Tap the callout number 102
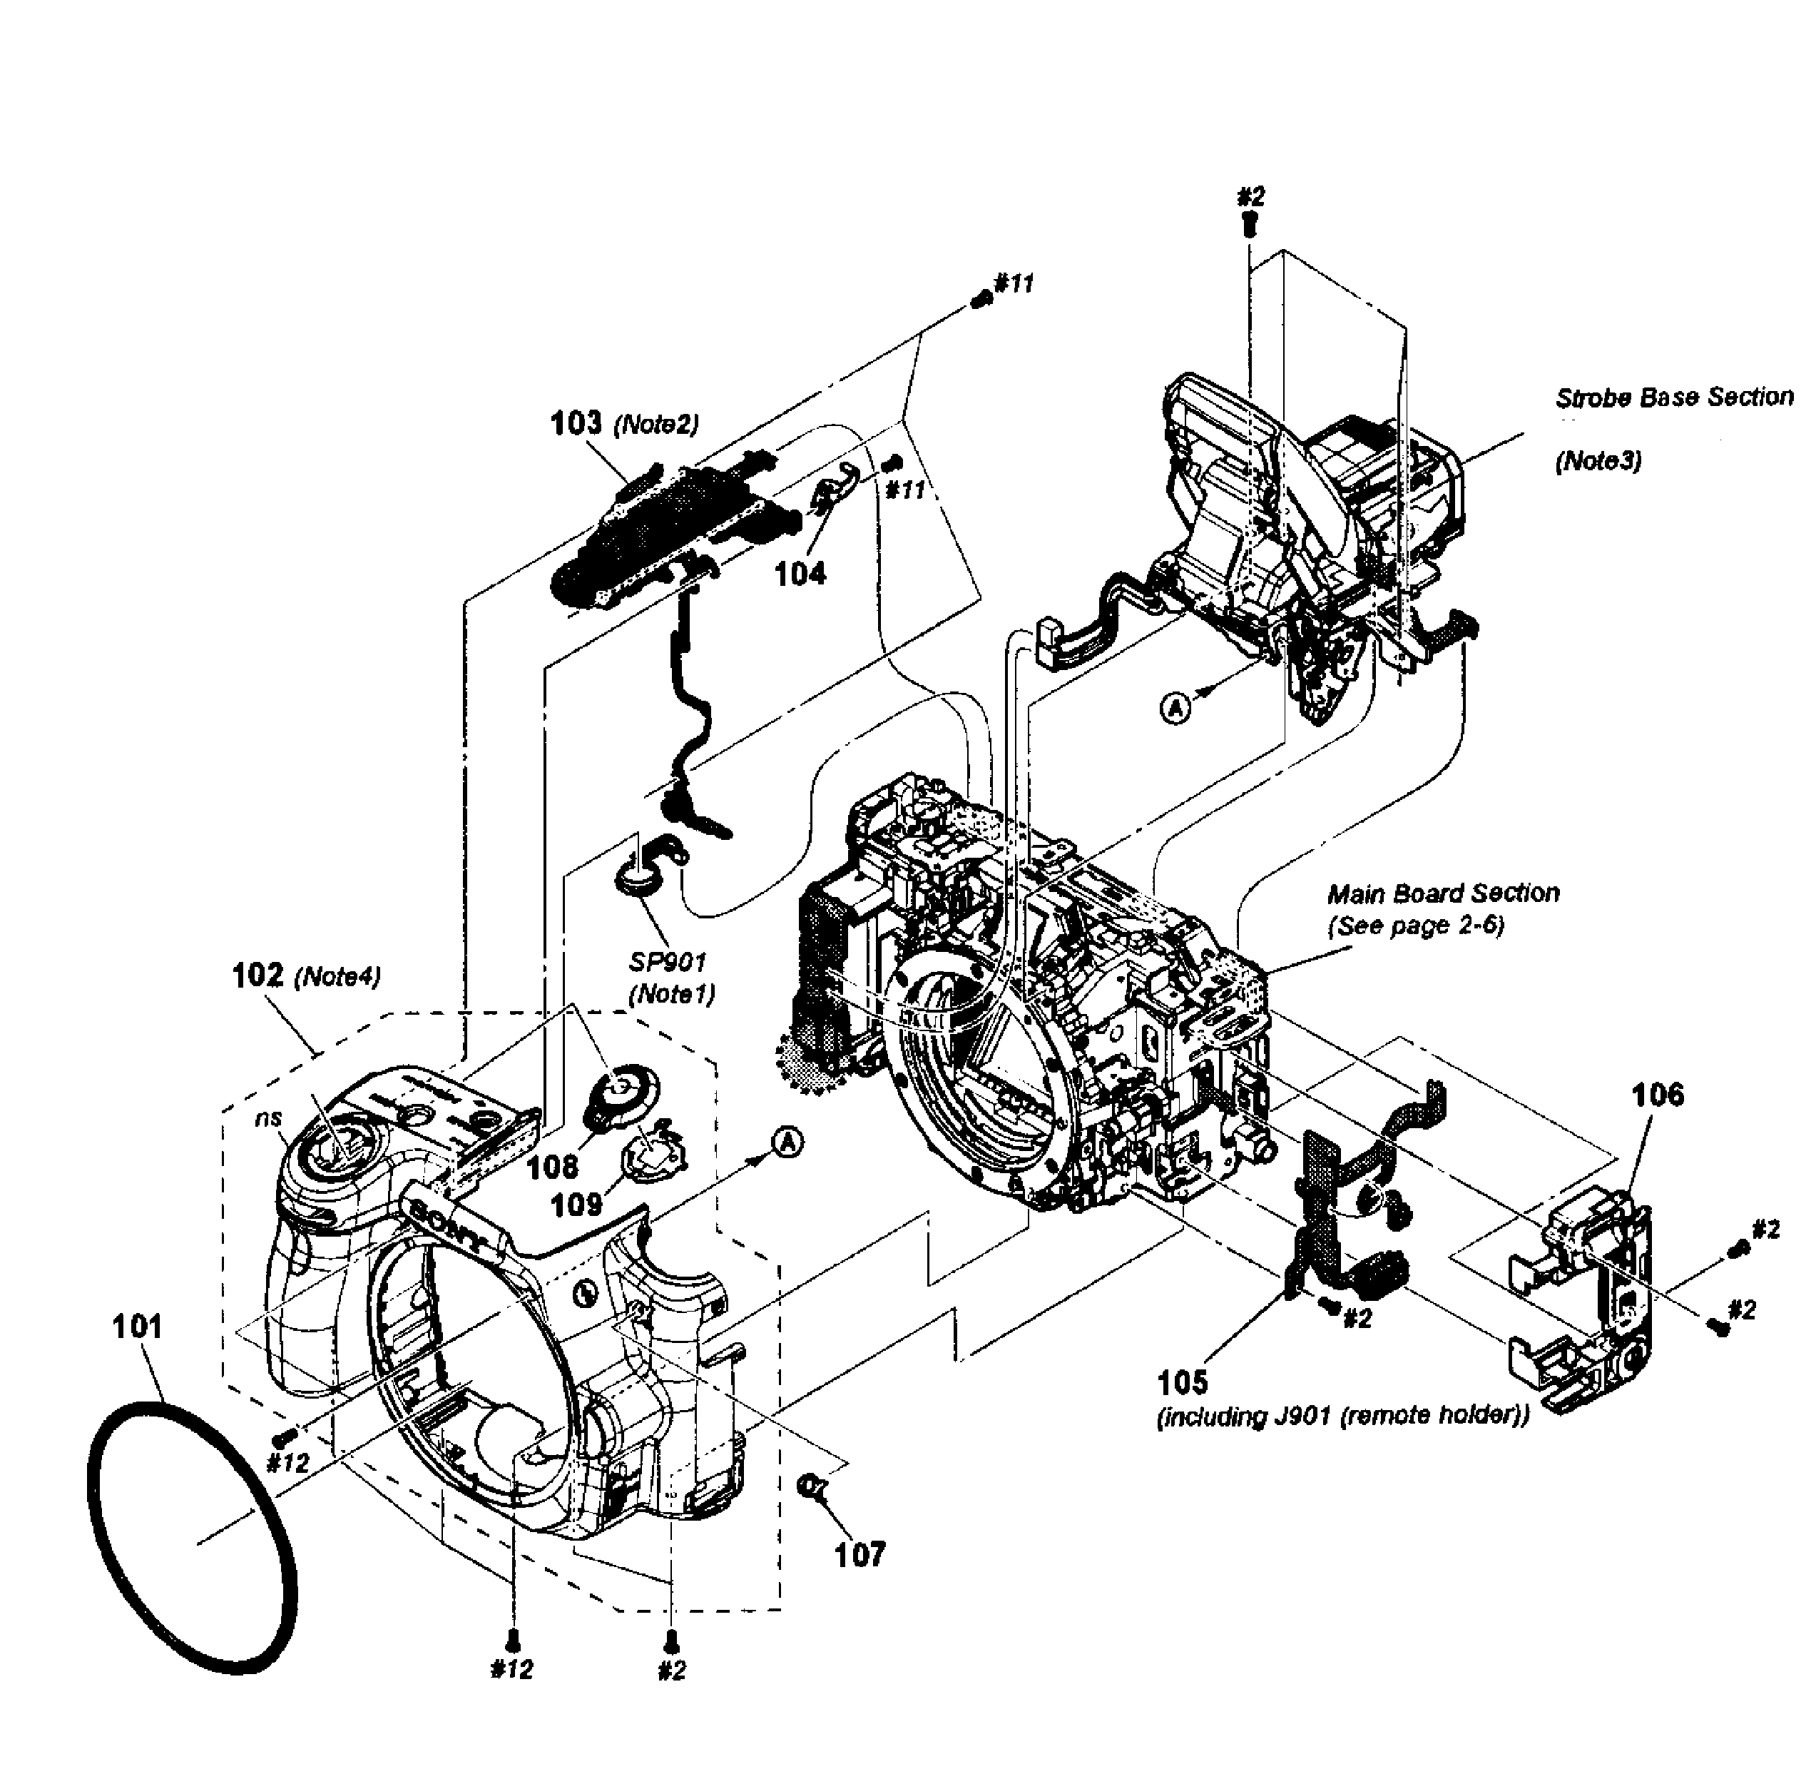[257, 975]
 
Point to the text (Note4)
[337, 978]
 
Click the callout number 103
[576, 423]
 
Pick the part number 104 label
[800, 574]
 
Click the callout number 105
[1183, 1382]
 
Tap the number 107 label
[859, 1555]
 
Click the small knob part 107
[811, 1484]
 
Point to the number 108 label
[552, 1166]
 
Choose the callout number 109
[576, 1205]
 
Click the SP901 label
[668, 961]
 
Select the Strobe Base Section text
[1674, 397]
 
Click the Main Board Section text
[1443, 893]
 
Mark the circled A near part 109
[788, 1141]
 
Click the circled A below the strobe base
[1177, 708]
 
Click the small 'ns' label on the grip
[269, 1117]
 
